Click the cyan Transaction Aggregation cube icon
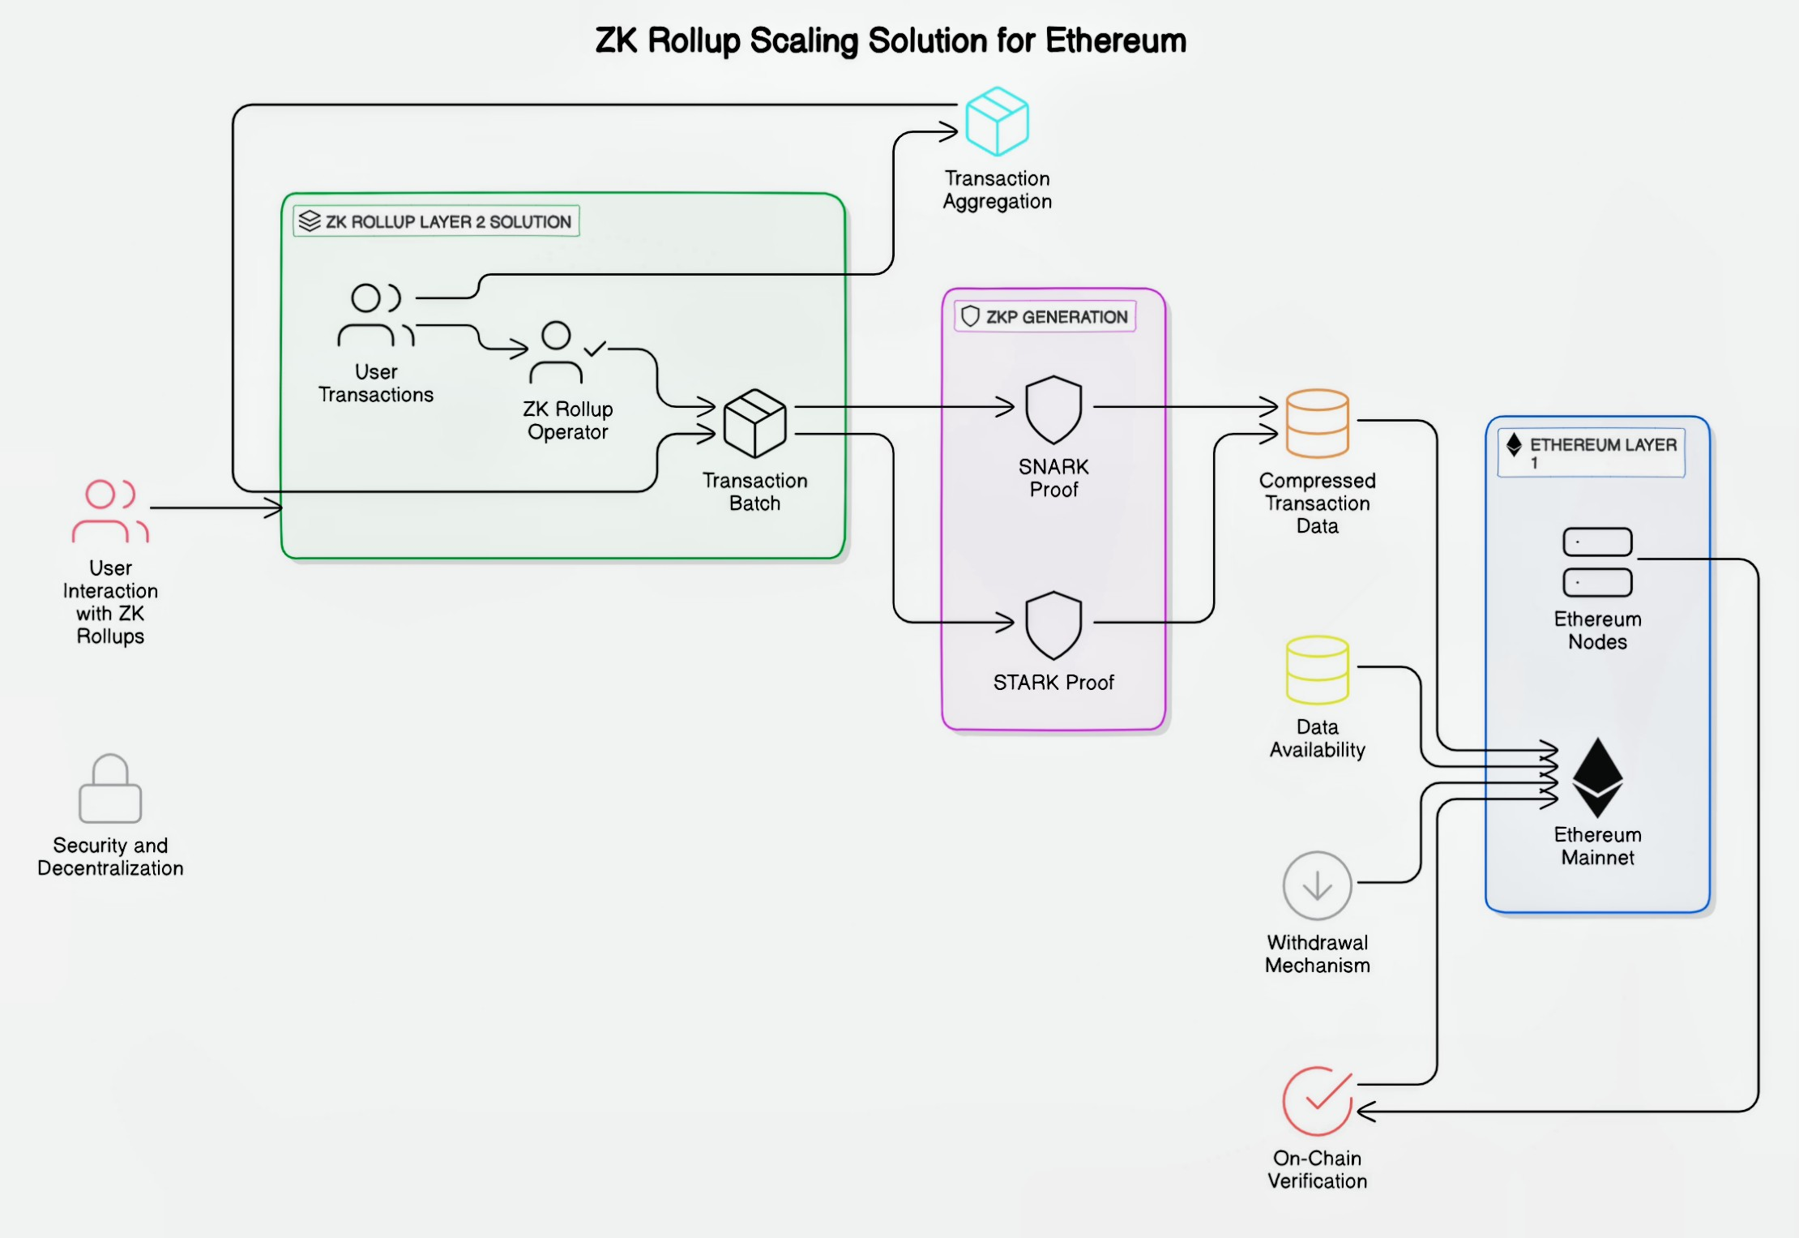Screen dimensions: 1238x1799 997,122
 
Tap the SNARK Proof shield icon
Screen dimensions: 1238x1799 1053,409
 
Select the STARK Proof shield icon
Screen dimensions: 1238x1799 1053,624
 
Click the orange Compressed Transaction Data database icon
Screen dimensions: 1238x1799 1317,423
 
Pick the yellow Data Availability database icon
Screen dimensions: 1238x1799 1317,670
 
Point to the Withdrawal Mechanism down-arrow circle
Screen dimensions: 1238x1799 1317,885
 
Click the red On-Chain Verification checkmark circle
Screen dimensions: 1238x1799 1317,1101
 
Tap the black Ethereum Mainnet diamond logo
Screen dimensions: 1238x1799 1597,777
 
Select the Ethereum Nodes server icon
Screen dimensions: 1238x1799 1597,562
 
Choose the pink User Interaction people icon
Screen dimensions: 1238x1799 110,511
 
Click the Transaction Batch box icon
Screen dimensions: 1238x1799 754,423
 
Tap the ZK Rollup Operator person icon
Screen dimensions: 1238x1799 558,353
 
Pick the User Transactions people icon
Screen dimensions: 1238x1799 376,315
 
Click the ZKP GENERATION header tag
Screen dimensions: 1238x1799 1045,316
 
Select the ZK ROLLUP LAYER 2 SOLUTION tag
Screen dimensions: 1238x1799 436,221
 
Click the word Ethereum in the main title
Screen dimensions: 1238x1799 1116,41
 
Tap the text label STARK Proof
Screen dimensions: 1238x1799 1053,683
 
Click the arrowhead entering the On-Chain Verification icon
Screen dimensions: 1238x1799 1366,1112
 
